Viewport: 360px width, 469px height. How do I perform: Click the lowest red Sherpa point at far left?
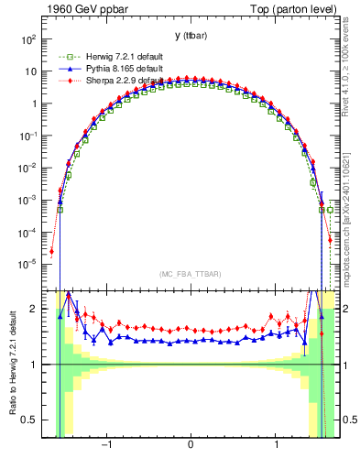(x=52, y=251)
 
